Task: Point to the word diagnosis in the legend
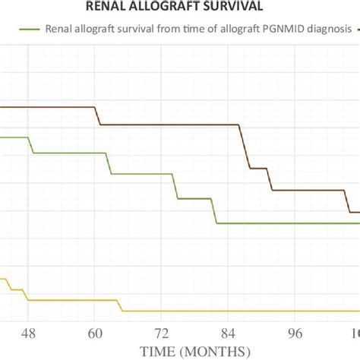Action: pos(330,30)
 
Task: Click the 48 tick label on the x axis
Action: pos(29,333)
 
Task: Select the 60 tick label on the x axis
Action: pos(95,333)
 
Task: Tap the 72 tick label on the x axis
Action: pos(162,333)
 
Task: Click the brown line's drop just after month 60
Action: pos(97,115)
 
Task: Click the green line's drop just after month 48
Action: pos(31,145)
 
